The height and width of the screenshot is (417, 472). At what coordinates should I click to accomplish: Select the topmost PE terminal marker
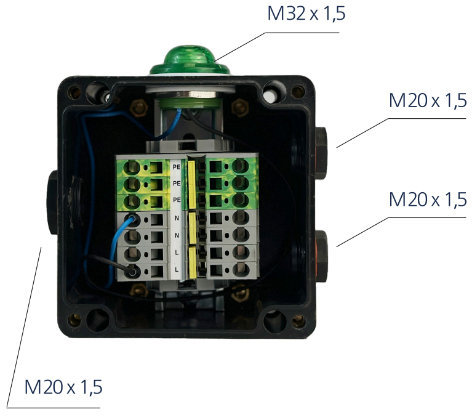point(177,167)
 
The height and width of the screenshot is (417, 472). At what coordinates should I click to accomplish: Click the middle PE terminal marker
point(177,184)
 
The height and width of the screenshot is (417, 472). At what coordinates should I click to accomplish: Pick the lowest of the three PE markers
point(177,200)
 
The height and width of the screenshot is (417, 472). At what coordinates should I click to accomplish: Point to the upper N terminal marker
point(177,219)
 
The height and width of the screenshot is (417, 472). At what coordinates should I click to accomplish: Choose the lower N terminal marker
point(177,236)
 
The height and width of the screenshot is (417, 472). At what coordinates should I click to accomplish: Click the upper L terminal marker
point(177,253)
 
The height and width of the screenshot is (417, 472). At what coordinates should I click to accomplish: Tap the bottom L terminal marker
point(177,270)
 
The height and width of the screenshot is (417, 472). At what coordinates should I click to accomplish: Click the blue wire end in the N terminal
point(129,217)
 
